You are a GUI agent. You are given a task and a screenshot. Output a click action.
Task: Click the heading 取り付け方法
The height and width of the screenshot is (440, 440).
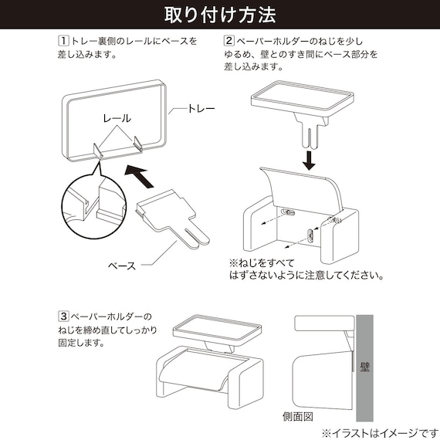pos(220,15)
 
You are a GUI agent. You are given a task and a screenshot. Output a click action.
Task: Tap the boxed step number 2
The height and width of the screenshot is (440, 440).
pos(228,40)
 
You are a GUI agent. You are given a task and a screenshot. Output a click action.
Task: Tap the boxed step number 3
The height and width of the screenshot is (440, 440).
pos(63,316)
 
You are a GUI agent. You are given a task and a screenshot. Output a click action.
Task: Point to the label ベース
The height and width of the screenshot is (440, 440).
pos(121,266)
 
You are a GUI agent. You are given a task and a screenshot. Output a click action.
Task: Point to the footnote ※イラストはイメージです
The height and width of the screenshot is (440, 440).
pos(378,432)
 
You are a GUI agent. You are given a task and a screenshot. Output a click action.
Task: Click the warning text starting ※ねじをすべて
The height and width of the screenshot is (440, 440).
pos(305,268)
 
